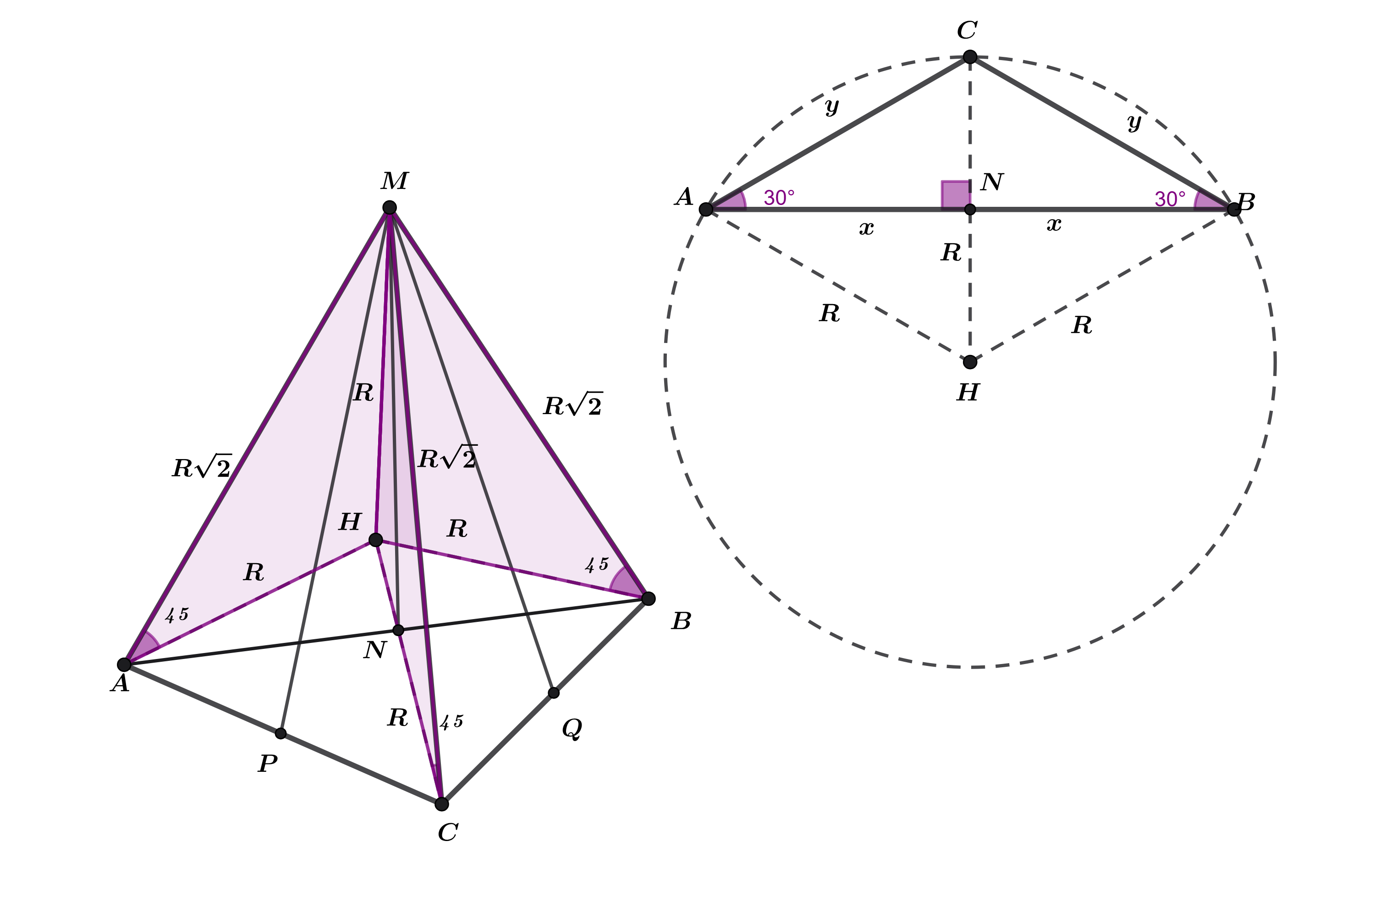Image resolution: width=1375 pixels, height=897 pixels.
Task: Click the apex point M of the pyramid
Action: [390, 207]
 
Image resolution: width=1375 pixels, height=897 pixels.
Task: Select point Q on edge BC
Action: [554, 692]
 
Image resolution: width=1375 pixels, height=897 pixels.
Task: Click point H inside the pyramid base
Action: [375, 540]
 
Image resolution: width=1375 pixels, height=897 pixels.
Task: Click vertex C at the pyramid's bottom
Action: [441, 804]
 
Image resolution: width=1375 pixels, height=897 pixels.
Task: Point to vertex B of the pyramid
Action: [648, 598]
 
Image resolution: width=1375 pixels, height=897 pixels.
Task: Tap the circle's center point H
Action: [970, 362]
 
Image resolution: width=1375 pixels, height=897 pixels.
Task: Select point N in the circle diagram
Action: [970, 209]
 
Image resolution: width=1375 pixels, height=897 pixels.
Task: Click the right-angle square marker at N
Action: [956, 195]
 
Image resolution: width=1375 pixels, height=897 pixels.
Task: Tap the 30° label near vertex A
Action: [779, 198]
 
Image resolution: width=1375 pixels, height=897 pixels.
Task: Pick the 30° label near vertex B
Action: [1170, 199]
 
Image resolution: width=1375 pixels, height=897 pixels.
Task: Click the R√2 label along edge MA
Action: [202, 466]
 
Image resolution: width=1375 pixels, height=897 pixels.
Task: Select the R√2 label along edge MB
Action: [573, 404]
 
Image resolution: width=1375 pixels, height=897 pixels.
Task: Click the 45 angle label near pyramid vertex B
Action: [597, 565]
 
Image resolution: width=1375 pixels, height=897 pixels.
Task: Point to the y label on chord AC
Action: [832, 106]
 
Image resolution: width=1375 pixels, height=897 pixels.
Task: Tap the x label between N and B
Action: [1054, 224]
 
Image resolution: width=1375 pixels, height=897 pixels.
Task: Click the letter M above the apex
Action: [395, 181]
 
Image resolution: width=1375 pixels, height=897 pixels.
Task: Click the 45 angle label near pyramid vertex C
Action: [451, 722]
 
